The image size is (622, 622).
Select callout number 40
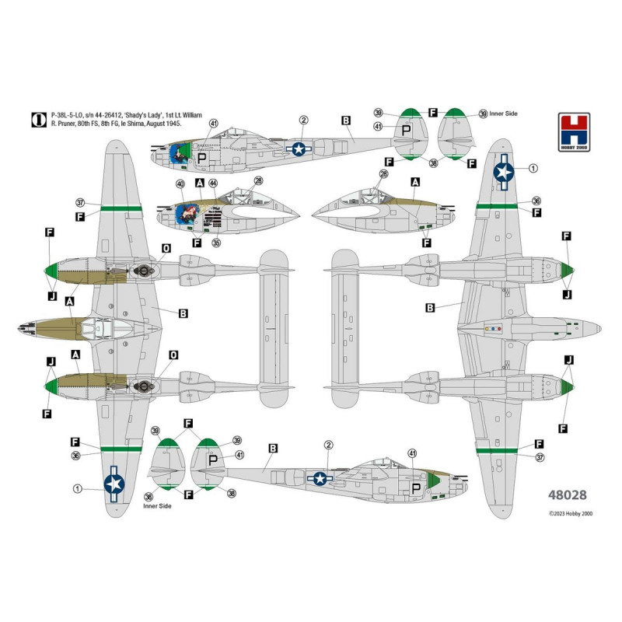pyautogui.click(x=180, y=183)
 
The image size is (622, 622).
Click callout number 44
pyautogui.click(x=212, y=183)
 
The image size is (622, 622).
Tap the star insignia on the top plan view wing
pyautogui.click(x=114, y=484)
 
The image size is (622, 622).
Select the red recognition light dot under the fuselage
pyautogui.click(x=499, y=329)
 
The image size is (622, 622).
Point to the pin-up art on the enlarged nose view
pyautogui.click(x=187, y=213)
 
